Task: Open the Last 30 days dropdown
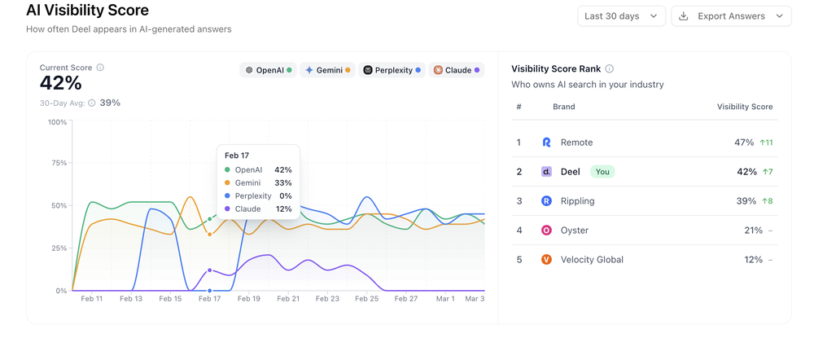tap(621, 16)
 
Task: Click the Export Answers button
tap(731, 16)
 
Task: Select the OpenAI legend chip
tap(269, 70)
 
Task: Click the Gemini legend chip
tap(326, 70)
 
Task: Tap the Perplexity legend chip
tap(392, 70)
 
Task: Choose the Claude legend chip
tap(456, 70)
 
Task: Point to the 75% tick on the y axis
tap(58, 163)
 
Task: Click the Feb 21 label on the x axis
tap(288, 299)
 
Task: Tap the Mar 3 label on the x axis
tap(474, 299)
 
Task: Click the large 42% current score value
tap(61, 83)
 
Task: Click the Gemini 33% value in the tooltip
tap(282, 183)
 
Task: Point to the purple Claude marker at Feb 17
tap(210, 270)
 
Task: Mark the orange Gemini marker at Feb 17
tap(210, 235)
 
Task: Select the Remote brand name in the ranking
tap(576, 143)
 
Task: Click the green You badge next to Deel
tap(602, 172)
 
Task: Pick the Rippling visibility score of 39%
tap(745, 201)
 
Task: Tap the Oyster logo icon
tap(546, 230)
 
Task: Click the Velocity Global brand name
tap(592, 260)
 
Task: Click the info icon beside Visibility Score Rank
tap(610, 69)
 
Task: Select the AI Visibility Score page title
tap(87, 11)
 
